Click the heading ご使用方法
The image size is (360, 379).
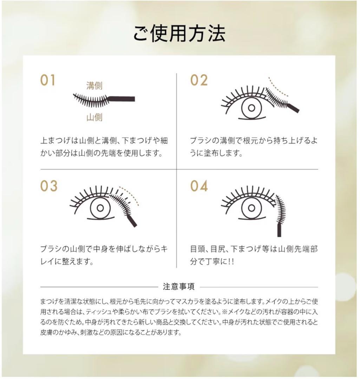point(179,34)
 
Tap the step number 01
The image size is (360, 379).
point(47,81)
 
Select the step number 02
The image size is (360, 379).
point(199,81)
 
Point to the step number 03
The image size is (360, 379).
point(48,186)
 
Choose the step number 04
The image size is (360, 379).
point(199,186)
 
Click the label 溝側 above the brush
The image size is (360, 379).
point(94,86)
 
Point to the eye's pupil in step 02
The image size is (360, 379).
point(251,108)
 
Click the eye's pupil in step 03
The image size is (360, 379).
point(100,208)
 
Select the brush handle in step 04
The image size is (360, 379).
point(280,230)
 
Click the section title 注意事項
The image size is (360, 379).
point(179,287)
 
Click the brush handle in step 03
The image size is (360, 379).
point(132,221)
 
